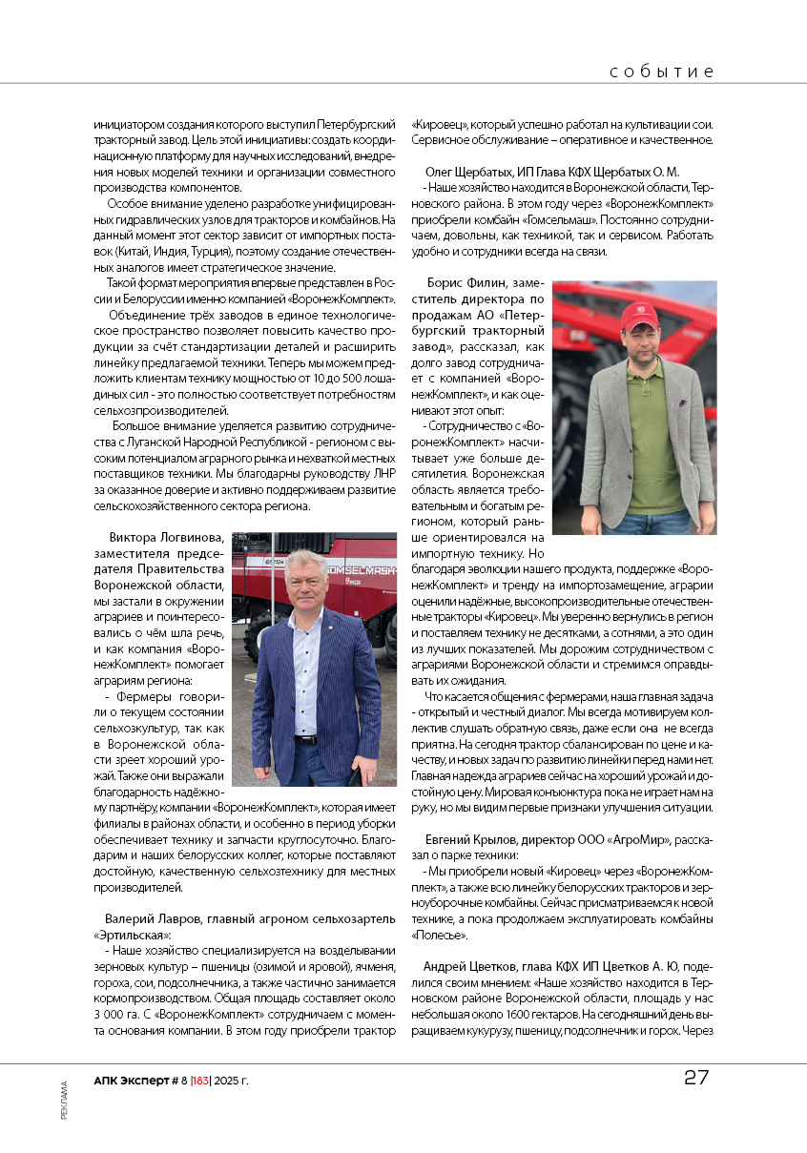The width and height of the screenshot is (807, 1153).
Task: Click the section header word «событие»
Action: pyautogui.click(x=661, y=72)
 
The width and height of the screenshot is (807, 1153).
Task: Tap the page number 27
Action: pyautogui.click(x=695, y=1078)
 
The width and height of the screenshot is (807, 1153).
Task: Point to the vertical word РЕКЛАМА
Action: pyautogui.click(x=64, y=1100)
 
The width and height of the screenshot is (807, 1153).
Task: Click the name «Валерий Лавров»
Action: pyautogui.click(x=148, y=917)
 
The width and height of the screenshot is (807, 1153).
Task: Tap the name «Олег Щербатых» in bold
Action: pyautogui.click(x=471, y=172)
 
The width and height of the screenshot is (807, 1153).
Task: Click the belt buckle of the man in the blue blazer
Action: pyautogui.click(x=305, y=739)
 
